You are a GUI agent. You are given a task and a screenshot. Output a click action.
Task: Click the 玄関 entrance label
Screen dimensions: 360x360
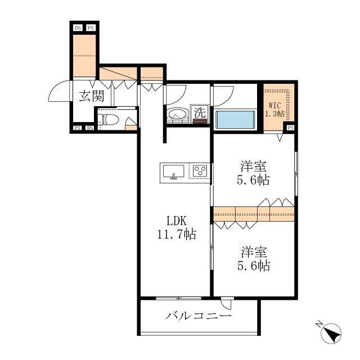(91, 96)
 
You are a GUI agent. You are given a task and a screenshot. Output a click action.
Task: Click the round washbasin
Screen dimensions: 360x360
(176, 114)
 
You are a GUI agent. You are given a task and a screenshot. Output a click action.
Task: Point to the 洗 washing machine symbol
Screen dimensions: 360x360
(200, 112)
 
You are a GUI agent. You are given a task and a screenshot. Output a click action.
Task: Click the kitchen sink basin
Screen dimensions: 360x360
(173, 171)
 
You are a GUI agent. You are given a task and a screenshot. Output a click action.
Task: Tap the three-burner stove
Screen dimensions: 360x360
(200, 171)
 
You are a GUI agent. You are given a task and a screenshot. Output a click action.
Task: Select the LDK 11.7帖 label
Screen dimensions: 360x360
(177, 228)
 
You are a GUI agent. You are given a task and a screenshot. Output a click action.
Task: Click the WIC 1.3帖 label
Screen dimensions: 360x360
(275, 110)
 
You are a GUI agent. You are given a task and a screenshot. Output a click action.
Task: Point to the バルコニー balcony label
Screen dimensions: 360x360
(199, 316)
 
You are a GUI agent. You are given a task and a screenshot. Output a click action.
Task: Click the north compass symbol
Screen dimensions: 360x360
(331, 332)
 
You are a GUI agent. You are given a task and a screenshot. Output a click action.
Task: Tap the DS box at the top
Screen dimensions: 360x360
(78, 28)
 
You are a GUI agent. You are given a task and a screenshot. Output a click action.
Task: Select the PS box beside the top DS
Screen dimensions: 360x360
(91, 28)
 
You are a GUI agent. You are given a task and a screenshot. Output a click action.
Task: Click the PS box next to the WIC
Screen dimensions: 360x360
(290, 128)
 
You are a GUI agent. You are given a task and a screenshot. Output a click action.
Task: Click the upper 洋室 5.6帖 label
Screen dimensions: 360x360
(254, 173)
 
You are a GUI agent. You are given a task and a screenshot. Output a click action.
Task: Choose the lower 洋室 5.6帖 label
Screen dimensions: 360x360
(254, 259)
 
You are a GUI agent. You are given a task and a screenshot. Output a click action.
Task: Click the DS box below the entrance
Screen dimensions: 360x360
(91, 128)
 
